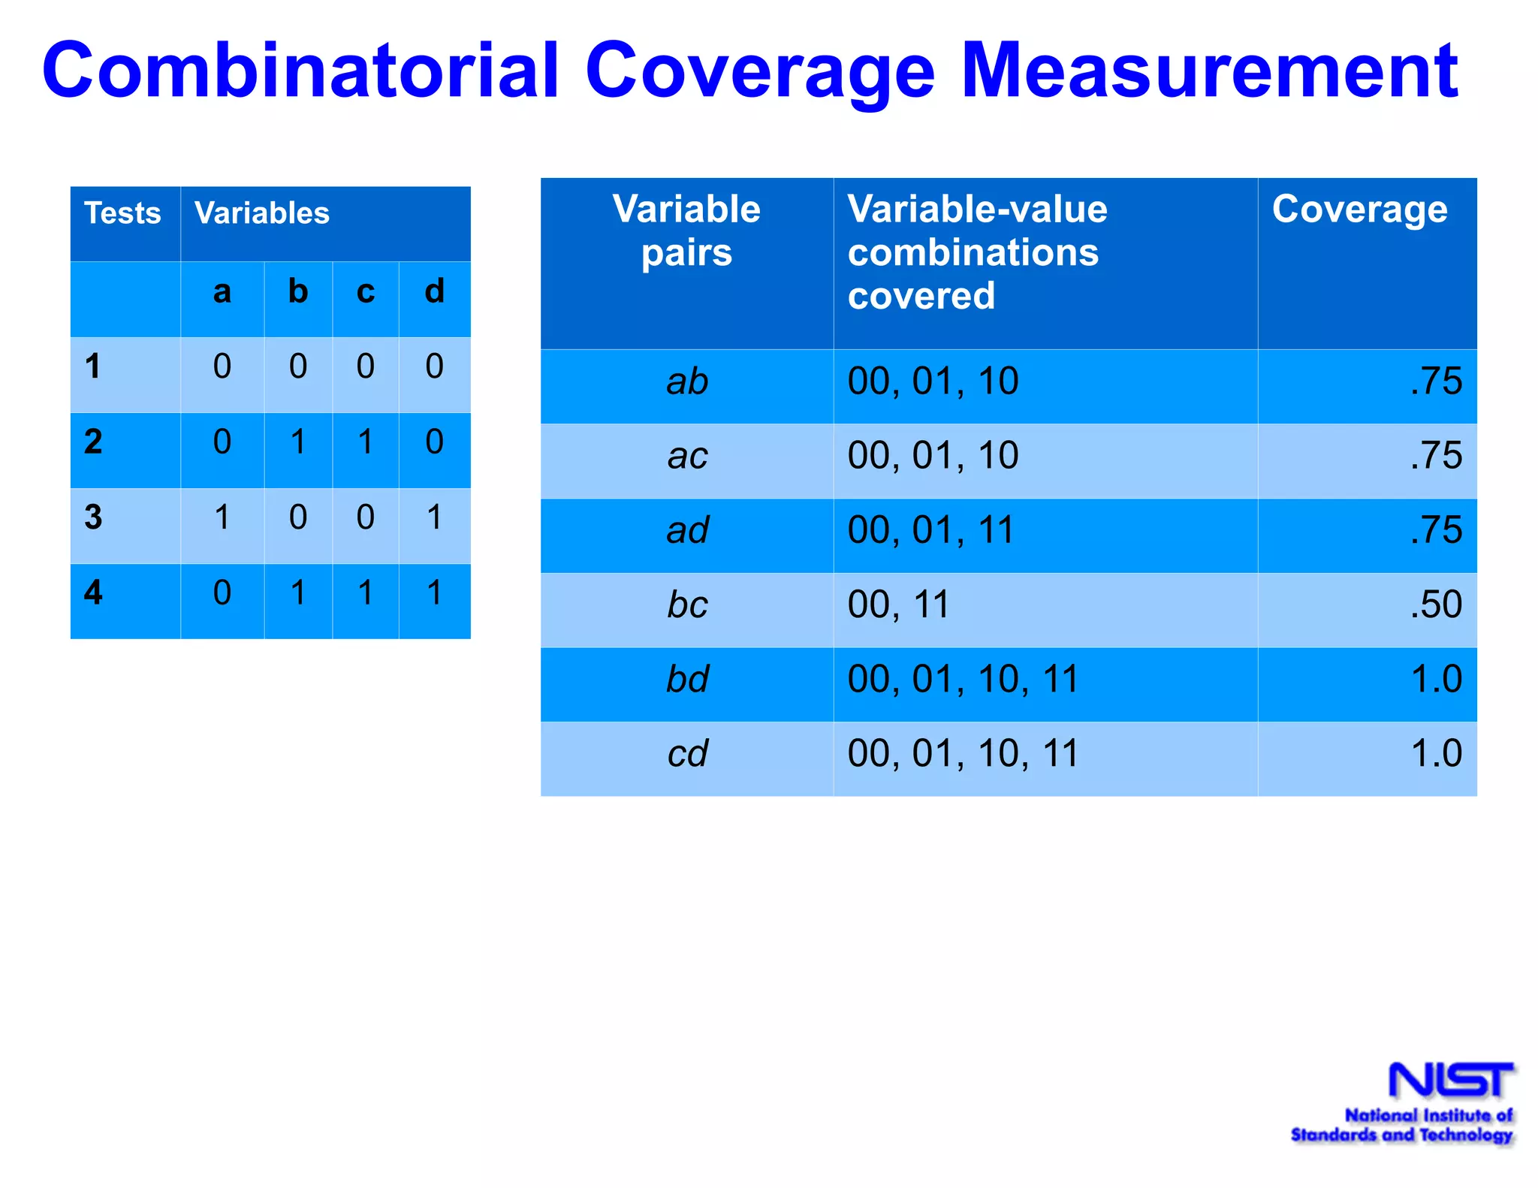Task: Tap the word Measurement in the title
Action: (1209, 71)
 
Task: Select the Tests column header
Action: (122, 213)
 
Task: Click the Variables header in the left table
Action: (261, 213)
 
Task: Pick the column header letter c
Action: (366, 292)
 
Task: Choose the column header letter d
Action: (434, 292)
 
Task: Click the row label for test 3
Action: (93, 517)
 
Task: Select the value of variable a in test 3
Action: (222, 517)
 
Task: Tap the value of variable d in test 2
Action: (434, 442)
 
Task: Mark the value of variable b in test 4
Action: (298, 593)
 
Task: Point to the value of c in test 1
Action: (366, 366)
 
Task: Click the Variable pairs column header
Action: (686, 231)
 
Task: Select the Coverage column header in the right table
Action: (1359, 209)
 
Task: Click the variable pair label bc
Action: (687, 605)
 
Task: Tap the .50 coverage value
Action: (1435, 605)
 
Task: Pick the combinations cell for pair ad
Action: (931, 531)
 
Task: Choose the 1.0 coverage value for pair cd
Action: (1435, 754)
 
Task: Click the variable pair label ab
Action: (687, 382)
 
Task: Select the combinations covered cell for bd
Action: (963, 680)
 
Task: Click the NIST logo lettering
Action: (1450, 1081)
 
